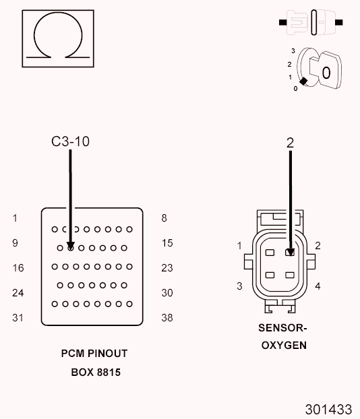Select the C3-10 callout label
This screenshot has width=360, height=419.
coord(70,141)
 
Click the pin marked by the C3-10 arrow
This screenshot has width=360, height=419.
coord(71,247)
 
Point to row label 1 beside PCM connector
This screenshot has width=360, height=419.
coord(15,218)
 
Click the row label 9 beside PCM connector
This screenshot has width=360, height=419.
coord(15,243)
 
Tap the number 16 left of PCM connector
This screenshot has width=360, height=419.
coord(18,268)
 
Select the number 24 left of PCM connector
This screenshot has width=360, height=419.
coord(18,293)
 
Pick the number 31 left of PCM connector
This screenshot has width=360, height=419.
coord(18,318)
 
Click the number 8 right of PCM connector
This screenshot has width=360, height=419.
coord(164,218)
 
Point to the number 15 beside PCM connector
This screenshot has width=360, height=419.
coord(167,243)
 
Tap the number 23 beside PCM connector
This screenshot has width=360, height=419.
coord(167,268)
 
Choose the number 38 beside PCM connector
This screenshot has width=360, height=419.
coord(167,318)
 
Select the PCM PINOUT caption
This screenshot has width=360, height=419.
coord(94,354)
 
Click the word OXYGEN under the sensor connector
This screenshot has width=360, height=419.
coord(283,346)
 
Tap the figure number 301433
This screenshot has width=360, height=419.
coord(328,409)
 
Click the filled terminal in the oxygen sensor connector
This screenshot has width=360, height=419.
coord(290,253)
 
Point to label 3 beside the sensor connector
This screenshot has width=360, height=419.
coord(239,286)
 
